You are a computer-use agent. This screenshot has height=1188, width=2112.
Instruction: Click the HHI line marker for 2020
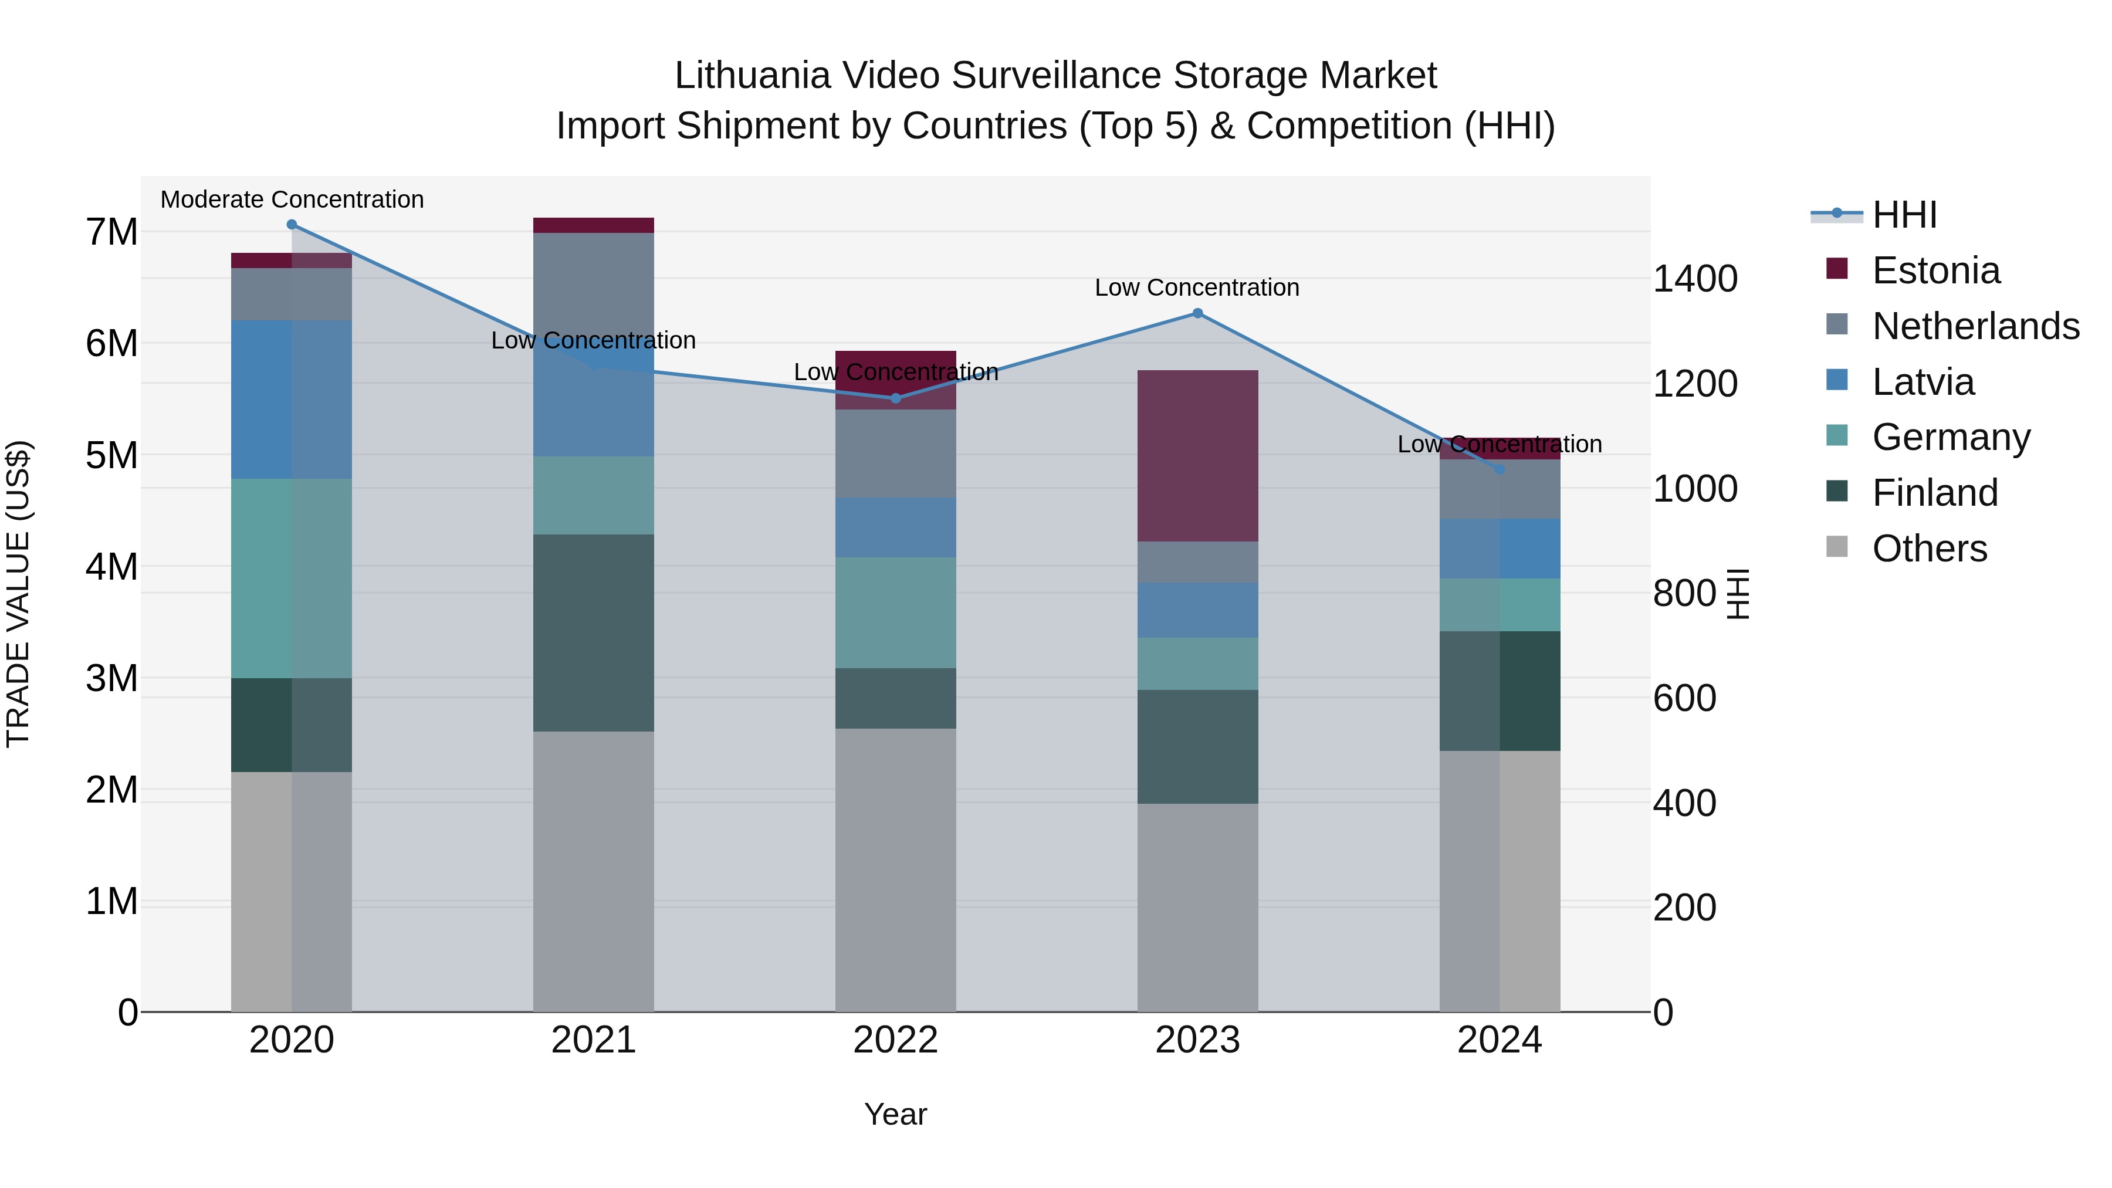tap(292, 225)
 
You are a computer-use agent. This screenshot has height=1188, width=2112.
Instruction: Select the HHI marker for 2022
tap(895, 398)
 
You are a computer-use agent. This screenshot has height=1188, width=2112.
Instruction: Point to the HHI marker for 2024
tap(1500, 470)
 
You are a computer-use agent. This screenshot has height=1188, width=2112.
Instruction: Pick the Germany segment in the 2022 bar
tap(895, 612)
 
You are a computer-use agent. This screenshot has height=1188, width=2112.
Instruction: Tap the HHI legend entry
tap(1904, 215)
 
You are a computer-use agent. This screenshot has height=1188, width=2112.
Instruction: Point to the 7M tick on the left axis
tap(112, 232)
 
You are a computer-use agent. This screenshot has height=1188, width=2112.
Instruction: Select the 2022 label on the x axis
tap(895, 1040)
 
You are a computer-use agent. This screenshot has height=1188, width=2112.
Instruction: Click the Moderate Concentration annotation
tap(292, 199)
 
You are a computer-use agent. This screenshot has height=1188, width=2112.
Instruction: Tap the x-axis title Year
tap(895, 1114)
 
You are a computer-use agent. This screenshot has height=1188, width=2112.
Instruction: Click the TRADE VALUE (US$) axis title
tap(18, 594)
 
